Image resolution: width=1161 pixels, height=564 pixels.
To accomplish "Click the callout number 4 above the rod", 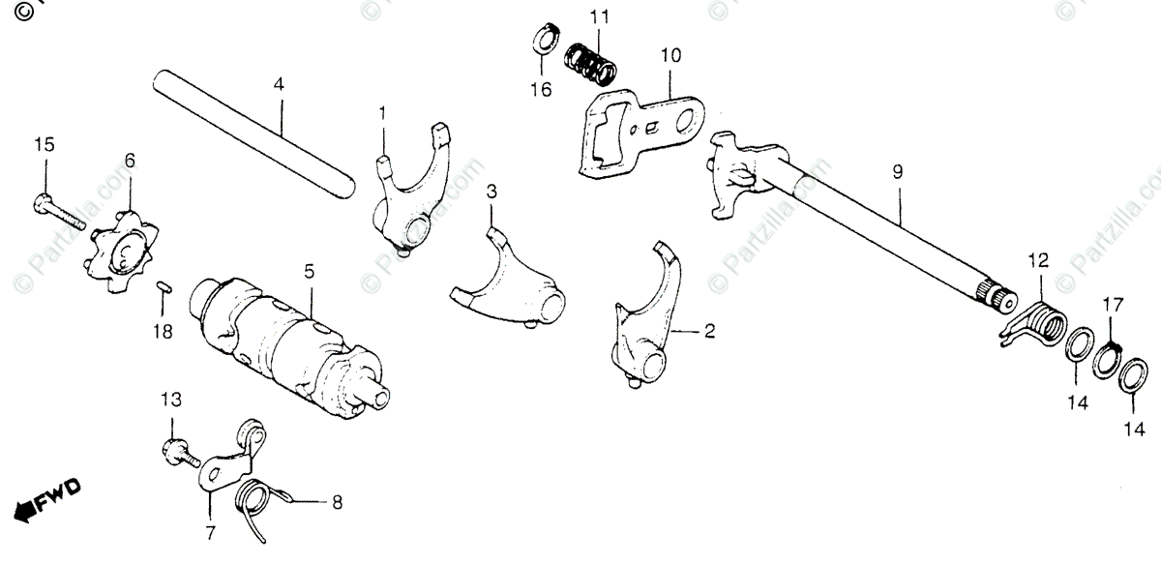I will (279, 84).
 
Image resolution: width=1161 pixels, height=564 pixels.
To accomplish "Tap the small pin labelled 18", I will (164, 285).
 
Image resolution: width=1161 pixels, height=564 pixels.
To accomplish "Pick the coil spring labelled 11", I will (591, 65).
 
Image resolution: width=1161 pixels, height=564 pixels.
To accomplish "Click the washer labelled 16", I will (544, 42).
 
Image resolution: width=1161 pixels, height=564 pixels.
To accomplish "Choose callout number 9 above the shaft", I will (897, 172).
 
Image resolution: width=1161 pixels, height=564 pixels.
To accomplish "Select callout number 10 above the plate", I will (670, 56).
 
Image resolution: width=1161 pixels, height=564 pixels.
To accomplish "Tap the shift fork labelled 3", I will (511, 281).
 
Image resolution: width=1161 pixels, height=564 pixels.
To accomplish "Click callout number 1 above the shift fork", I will (382, 114).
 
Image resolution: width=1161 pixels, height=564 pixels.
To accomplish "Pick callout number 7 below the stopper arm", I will (210, 532).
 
